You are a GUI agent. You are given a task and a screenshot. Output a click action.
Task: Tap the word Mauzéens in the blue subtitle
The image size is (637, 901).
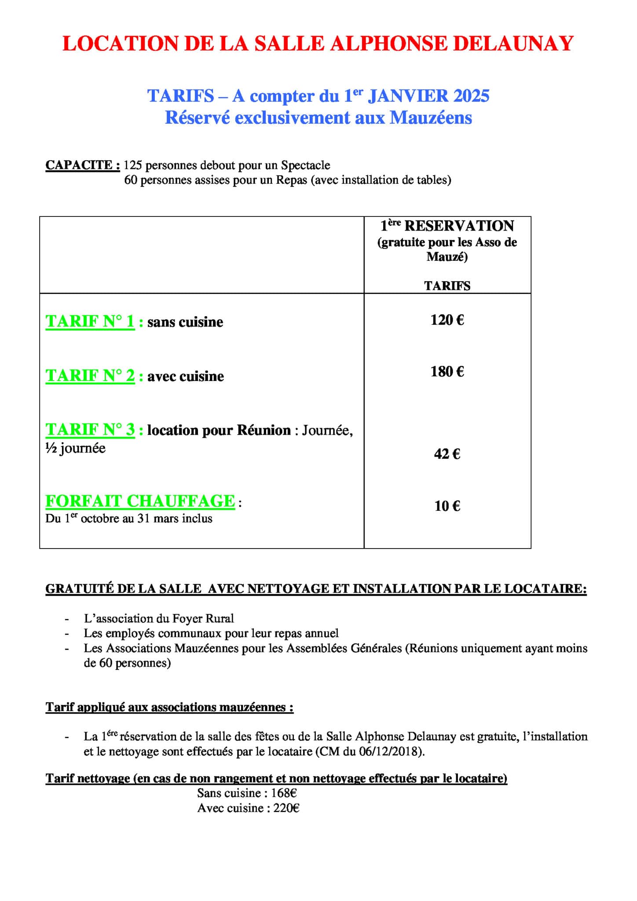[431, 117]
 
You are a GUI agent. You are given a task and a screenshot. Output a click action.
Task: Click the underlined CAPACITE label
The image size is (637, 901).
[83, 165]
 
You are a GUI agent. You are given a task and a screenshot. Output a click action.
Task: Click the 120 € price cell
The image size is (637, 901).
[447, 320]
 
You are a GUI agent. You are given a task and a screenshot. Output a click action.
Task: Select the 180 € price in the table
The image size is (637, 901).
[447, 372]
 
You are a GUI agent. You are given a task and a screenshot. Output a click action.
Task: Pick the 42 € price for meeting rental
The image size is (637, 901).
[447, 454]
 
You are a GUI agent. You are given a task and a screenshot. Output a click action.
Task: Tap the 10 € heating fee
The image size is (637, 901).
[447, 506]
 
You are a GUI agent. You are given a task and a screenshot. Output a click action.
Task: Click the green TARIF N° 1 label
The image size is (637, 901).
[90, 322]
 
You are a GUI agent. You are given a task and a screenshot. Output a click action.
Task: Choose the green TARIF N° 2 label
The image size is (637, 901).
[90, 376]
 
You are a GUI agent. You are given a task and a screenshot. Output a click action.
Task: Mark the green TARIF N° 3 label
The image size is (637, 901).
[90, 429]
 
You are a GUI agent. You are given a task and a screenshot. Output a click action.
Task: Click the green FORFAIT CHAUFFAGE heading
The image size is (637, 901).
[140, 501]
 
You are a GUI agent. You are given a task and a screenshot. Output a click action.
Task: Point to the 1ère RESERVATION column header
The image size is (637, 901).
[447, 226]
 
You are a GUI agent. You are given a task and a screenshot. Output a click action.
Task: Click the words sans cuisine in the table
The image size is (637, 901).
[185, 322]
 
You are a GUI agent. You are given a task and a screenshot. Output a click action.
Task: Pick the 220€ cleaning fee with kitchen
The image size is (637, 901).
[286, 808]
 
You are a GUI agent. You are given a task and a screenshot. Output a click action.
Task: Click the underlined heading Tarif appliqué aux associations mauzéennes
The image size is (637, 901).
[169, 707]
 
